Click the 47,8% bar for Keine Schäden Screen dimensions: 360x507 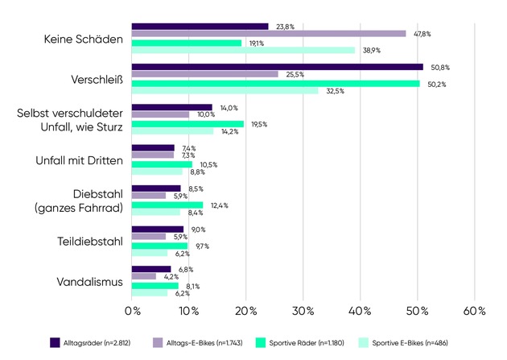tap(268, 34)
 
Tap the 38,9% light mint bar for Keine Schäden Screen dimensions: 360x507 tap(242, 50)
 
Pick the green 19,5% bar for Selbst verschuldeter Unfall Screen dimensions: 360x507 tap(187, 124)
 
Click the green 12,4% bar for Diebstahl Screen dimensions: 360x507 tap(167, 205)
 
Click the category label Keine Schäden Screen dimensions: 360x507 tap(84, 39)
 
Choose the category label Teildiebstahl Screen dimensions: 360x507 tap(89, 241)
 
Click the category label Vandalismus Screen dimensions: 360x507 tap(90, 282)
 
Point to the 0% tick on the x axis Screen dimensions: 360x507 tap(132, 311)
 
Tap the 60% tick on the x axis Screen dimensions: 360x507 tap(474, 311)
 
